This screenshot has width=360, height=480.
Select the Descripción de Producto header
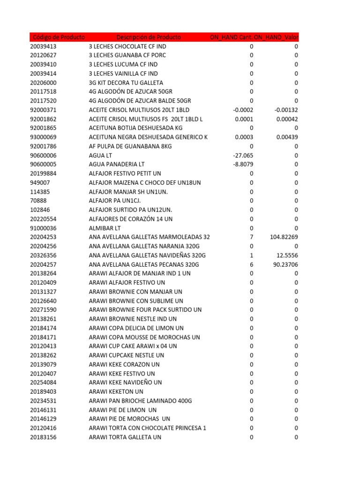[x=148, y=37]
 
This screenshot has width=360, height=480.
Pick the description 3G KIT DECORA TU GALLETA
[x=126, y=82]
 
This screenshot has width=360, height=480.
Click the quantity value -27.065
[x=243, y=155]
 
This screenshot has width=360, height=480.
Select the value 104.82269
[x=284, y=237]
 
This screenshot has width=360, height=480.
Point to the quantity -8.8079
[x=243, y=165]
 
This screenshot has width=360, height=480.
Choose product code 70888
[x=38, y=201]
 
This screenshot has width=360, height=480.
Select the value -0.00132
[x=286, y=110]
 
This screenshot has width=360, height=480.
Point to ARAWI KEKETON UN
[x=116, y=391]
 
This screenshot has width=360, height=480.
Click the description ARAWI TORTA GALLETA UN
[x=125, y=437]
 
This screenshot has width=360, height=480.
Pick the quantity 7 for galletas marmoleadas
[x=251, y=237]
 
